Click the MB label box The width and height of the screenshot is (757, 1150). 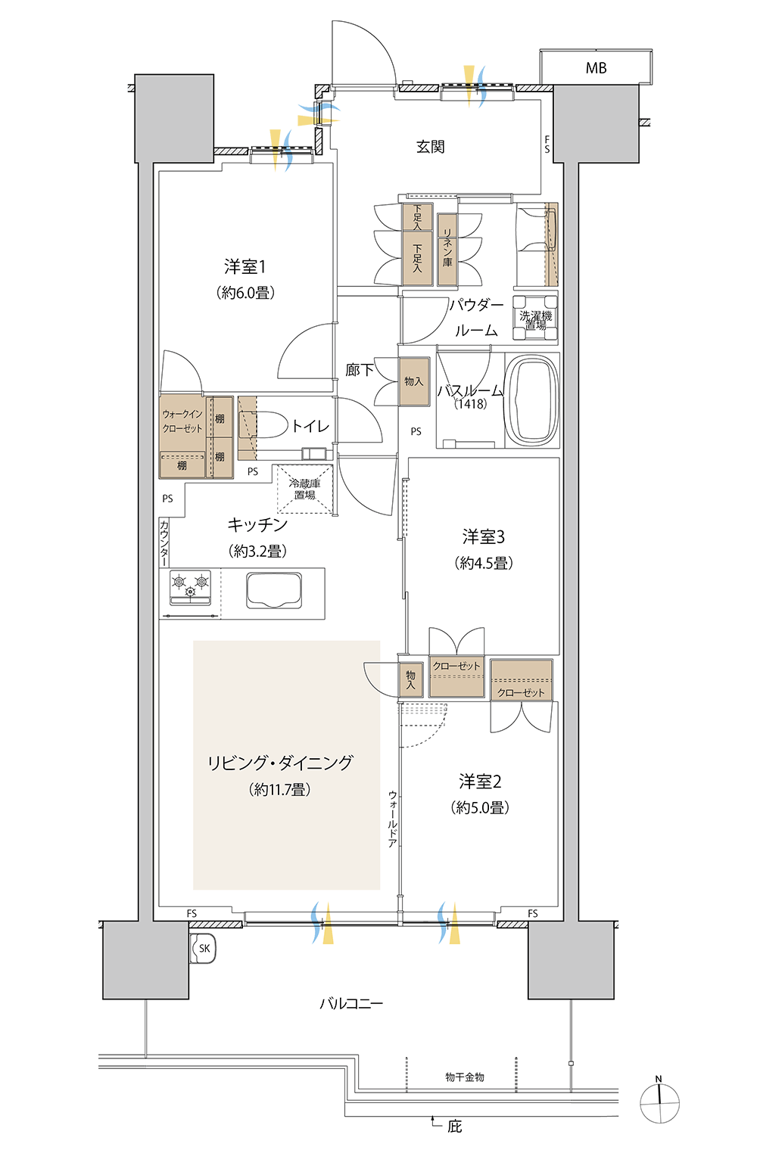click(x=596, y=67)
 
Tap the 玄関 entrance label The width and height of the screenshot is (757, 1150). click(x=431, y=147)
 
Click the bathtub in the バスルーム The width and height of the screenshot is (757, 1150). click(x=531, y=400)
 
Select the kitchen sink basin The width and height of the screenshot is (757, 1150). click(x=274, y=590)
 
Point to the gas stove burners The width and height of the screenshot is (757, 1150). click(x=190, y=587)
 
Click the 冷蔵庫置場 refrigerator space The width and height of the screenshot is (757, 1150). click(x=304, y=489)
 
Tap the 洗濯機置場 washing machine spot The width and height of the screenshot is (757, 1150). click(x=535, y=319)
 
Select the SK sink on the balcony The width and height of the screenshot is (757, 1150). click(x=204, y=948)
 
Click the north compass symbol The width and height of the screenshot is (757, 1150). click(x=659, y=1102)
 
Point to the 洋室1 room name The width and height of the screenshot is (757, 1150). click(x=245, y=266)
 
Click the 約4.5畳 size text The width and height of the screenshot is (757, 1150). click(x=483, y=563)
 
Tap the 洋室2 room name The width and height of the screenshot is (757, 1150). click(x=480, y=782)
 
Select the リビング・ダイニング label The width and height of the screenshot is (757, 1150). click(x=280, y=763)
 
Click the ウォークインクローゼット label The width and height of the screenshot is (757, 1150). click(x=182, y=421)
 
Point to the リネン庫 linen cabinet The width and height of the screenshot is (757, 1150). click(x=447, y=249)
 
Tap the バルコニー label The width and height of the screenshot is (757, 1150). click(x=351, y=1003)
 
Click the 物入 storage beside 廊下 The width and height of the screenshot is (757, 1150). click(x=414, y=381)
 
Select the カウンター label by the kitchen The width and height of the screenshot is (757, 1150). click(x=164, y=542)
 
